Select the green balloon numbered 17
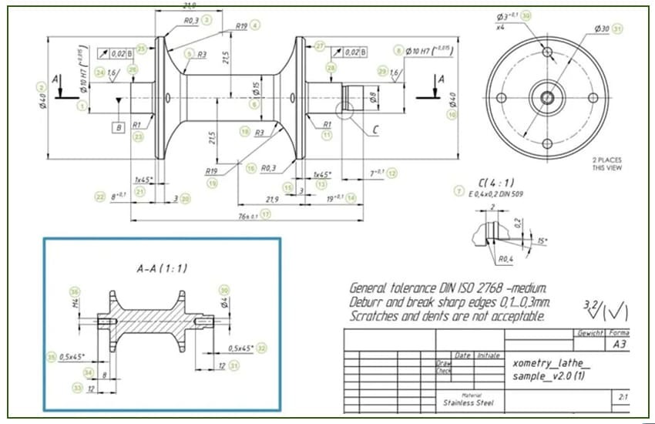pyautogui.click(x=266, y=215)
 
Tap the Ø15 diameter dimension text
pyautogui.click(x=256, y=90)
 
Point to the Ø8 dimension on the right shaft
pyautogui.click(x=373, y=97)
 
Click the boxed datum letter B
pyautogui.click(x=118, y=126)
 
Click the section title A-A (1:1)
pyautogui.click(x=163, y=268)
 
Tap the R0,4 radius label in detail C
pyautogui.click(x=506, y=259)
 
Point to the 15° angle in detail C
pyautogui.click(x=542, y=241)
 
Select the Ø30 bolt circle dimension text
pyautogui.click(x=601, y=29)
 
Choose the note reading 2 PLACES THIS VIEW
pyautogui.click(x=607, y=164)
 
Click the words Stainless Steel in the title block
pyautogui.click(x=463, y=402)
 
